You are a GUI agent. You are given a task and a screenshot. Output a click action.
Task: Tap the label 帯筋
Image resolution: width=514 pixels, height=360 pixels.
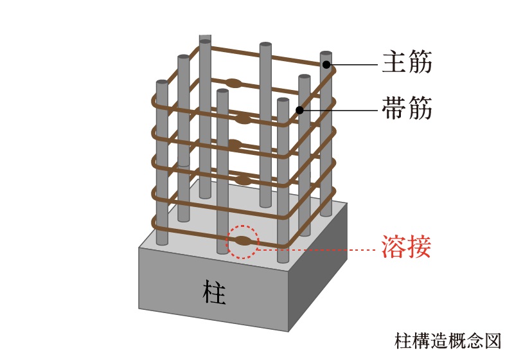point(405,109)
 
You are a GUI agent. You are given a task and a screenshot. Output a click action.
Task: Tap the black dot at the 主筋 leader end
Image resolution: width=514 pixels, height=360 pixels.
point(327,64)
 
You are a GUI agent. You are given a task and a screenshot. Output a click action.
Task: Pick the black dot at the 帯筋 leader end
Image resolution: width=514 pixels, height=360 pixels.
point(299,110)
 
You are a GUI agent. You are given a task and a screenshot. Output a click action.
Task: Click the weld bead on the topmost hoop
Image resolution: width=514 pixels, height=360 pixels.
point(233,82)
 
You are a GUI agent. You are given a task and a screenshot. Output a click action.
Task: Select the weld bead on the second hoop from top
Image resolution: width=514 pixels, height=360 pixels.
point(242,118)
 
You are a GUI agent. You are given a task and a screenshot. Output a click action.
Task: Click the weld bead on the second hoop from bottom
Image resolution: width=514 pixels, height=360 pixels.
point(243,179)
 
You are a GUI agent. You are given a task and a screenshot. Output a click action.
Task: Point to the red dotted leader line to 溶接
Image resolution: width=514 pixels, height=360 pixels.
point(315,248)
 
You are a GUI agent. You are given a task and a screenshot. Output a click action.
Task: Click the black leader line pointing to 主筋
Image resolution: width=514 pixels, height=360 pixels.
point(353,64)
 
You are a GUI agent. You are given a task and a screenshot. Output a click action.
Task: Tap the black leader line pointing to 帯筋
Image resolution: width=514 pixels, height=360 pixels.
point(341,110)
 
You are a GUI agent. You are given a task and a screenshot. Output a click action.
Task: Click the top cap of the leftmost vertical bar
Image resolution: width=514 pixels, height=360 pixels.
point(162,84)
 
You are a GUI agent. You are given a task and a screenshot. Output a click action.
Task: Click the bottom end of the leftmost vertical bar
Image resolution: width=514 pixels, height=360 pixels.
point(162,243)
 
